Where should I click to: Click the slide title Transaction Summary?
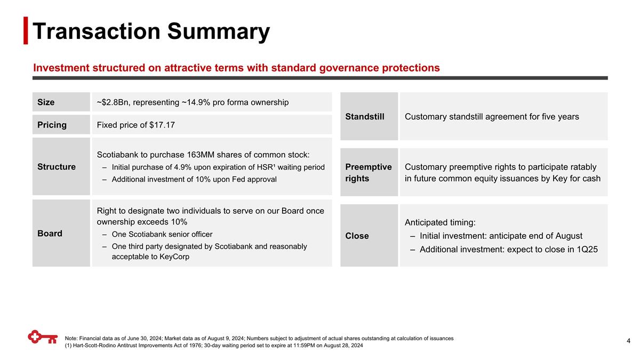click(x=151, y=31)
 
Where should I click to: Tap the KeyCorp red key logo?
click(x=43, y=338)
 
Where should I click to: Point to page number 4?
click(x=629, y=341)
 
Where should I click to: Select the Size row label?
click(x=46, y=102)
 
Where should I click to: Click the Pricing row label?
click(x=52, y=125)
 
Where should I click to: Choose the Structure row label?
click(x=56, y=166)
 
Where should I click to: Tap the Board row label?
click(x=50, y=233)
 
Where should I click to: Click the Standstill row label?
click(x=365, y=116)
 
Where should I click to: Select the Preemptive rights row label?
click(x=368, y=172)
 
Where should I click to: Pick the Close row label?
click(x=357, y=236)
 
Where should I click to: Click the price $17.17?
click(x=162, y=125)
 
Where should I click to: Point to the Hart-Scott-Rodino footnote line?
click(x=213, y=346)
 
